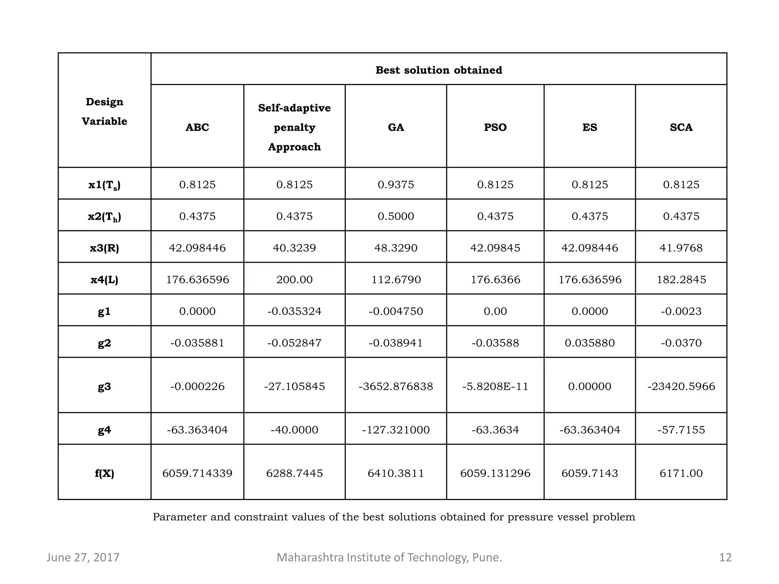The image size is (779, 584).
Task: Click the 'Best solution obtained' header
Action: (439, 70)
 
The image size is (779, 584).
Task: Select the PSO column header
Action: (495, 127)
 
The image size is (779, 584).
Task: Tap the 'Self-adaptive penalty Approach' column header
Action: (294, 127)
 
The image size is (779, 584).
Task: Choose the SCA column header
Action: (681, 127)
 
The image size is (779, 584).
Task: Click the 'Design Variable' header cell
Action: (104, 111)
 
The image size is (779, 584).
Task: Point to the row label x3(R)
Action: (104, 248)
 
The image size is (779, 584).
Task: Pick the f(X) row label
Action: (104, 473)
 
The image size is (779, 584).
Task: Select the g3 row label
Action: (104, 386)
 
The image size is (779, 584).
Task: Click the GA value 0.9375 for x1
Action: (396, 184)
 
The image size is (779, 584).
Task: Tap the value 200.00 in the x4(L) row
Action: (294, 279)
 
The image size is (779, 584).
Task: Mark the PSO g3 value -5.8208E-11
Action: (495, 386)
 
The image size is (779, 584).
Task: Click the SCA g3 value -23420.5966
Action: (681, 386)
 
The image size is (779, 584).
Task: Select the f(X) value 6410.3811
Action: (396, 473)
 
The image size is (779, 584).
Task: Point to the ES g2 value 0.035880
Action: (590, 343)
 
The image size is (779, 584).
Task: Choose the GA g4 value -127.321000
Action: (396, 430)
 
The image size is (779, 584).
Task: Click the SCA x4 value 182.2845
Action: (681, 279)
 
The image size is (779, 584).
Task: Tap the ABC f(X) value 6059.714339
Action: (197, 473)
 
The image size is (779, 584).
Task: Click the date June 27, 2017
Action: (83, 557)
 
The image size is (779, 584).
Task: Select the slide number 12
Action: (725, 557)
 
